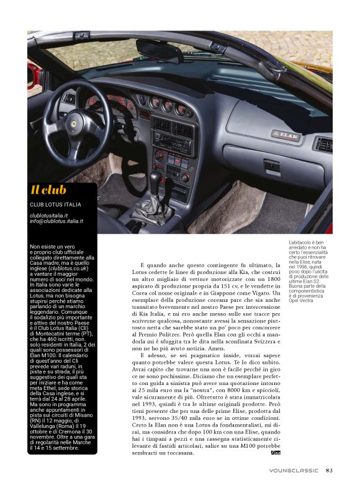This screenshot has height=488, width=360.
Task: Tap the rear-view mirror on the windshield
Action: (159, 50)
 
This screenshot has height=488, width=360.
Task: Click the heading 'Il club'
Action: (48, 190)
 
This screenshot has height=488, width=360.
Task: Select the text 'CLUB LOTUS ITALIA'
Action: (55, 205)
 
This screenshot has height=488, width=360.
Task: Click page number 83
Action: (329, 469)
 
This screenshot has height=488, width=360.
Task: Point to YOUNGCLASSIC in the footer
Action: (294, 470)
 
